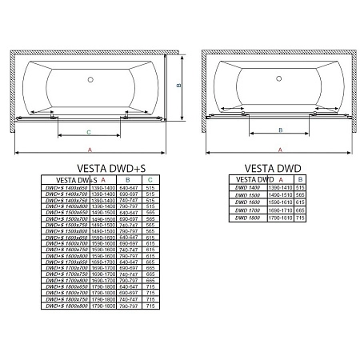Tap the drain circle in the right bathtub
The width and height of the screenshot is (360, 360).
tap(278, 80)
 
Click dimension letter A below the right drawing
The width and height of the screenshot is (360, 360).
tap(278, 150)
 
